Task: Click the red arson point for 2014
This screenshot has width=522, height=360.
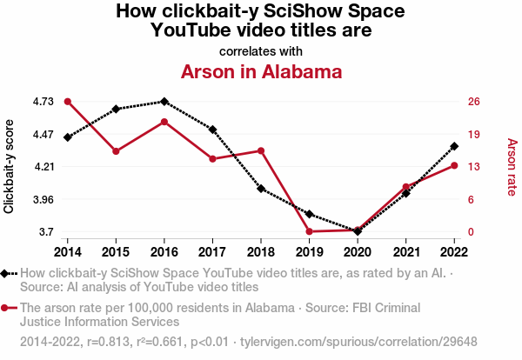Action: pyautogui.click(x=67, y=102)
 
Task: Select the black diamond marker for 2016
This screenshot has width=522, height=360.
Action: pyautogui.click(x=164, y=102)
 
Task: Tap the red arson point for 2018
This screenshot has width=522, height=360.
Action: pyautogui.click(x=261, y=150)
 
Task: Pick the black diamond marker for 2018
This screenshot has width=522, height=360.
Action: pyautogui.click(x=261, y=188)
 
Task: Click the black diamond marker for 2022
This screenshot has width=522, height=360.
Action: pyautogui.click(x=454, y=146)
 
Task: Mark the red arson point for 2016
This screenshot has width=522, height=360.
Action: pyautogui.click(x=164, y=121)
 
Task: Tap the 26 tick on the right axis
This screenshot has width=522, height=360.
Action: pyautogui.click(x=473, y=102)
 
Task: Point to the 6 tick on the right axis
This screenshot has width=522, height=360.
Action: pyautogui.click(x=471, y=199)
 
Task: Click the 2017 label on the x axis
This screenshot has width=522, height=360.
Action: pyautogui.click(x=212, y=251)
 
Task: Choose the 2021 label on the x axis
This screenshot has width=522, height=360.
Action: pyautogui.click(x=405, y=251)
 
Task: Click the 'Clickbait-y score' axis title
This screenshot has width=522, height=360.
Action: pyautogui.click(x=10, y=167)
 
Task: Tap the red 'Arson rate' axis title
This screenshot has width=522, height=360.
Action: pyautogui.click(x=512, y=167)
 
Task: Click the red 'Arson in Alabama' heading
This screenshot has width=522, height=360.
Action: pyautogui.click(x=261, y=72)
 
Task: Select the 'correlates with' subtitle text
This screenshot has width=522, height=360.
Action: pyautogui.click(x=261, y=50)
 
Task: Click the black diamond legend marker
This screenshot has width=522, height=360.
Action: pyautogui.click(x=6, y=273)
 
